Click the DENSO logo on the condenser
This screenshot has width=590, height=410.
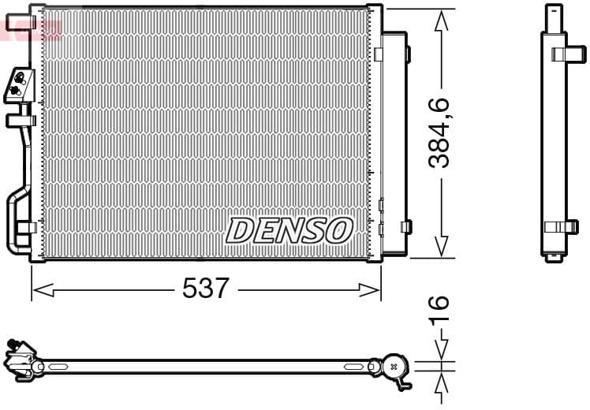(x=289, y=230)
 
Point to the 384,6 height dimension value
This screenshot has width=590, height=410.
(x=439, y=132)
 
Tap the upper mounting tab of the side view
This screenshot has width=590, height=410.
(x=565, y=54)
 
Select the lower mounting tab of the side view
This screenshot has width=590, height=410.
(x=562, y=226)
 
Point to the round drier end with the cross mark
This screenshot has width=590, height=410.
(x=394, y=366)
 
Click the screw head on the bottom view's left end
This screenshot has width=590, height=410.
(x=13, y=342)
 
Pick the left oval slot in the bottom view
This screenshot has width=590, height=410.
(x=58, y=367)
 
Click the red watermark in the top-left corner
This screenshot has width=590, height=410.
(x=32, y=30)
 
